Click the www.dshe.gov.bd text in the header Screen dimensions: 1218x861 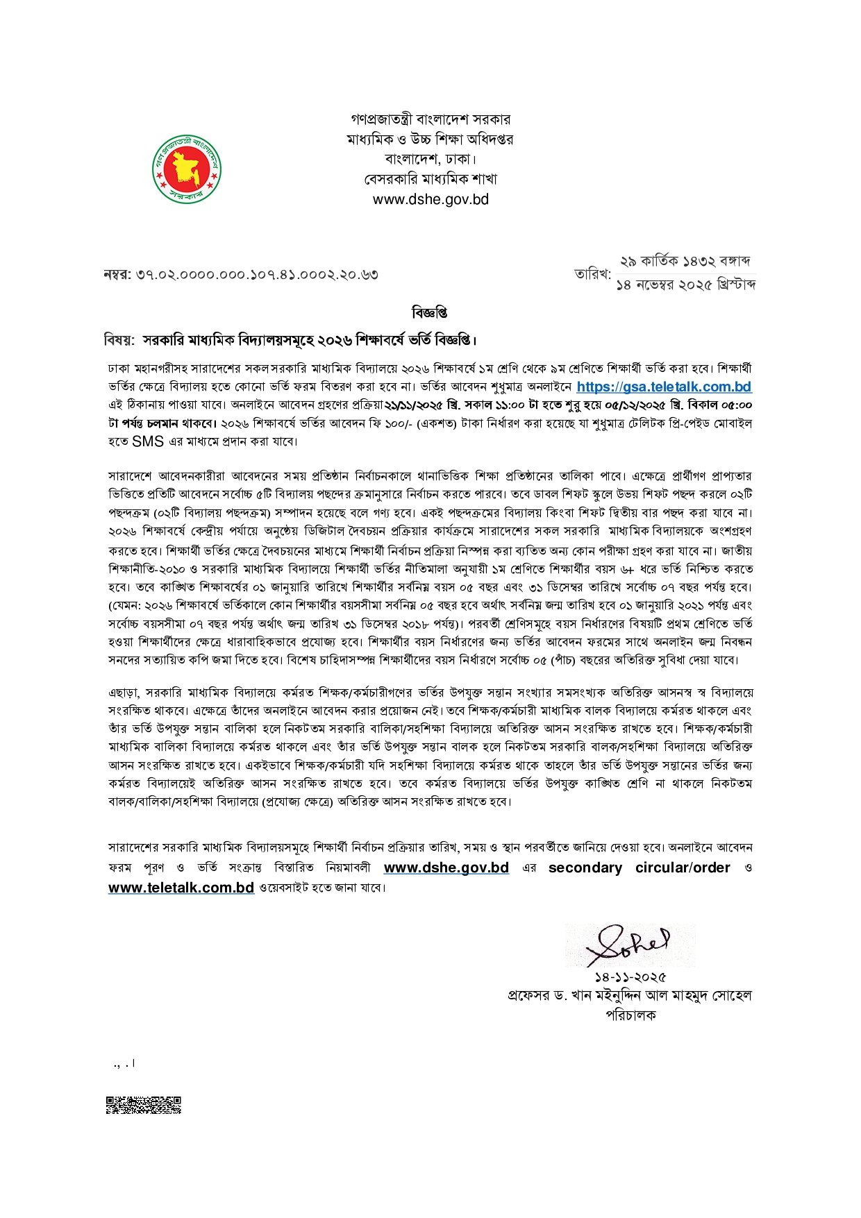430,199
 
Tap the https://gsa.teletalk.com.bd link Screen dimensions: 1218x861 664,387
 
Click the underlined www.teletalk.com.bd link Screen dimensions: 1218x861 181,887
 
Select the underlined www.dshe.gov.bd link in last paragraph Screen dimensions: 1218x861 446,868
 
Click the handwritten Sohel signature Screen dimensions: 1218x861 629,945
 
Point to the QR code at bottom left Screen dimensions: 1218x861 144,1104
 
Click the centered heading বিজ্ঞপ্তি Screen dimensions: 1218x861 430,313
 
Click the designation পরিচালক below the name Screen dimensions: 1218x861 630,1015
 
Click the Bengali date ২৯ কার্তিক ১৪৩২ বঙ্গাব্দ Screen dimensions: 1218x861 685,262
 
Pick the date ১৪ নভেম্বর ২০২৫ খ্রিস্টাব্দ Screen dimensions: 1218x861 685,285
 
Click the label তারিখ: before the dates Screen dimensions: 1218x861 592,274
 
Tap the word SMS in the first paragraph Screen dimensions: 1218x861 148,441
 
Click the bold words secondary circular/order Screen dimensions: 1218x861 639,868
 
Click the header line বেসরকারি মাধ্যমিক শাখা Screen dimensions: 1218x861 430,179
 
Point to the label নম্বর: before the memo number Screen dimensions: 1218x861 117,274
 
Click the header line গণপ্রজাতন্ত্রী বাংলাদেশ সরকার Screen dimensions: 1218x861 430,119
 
